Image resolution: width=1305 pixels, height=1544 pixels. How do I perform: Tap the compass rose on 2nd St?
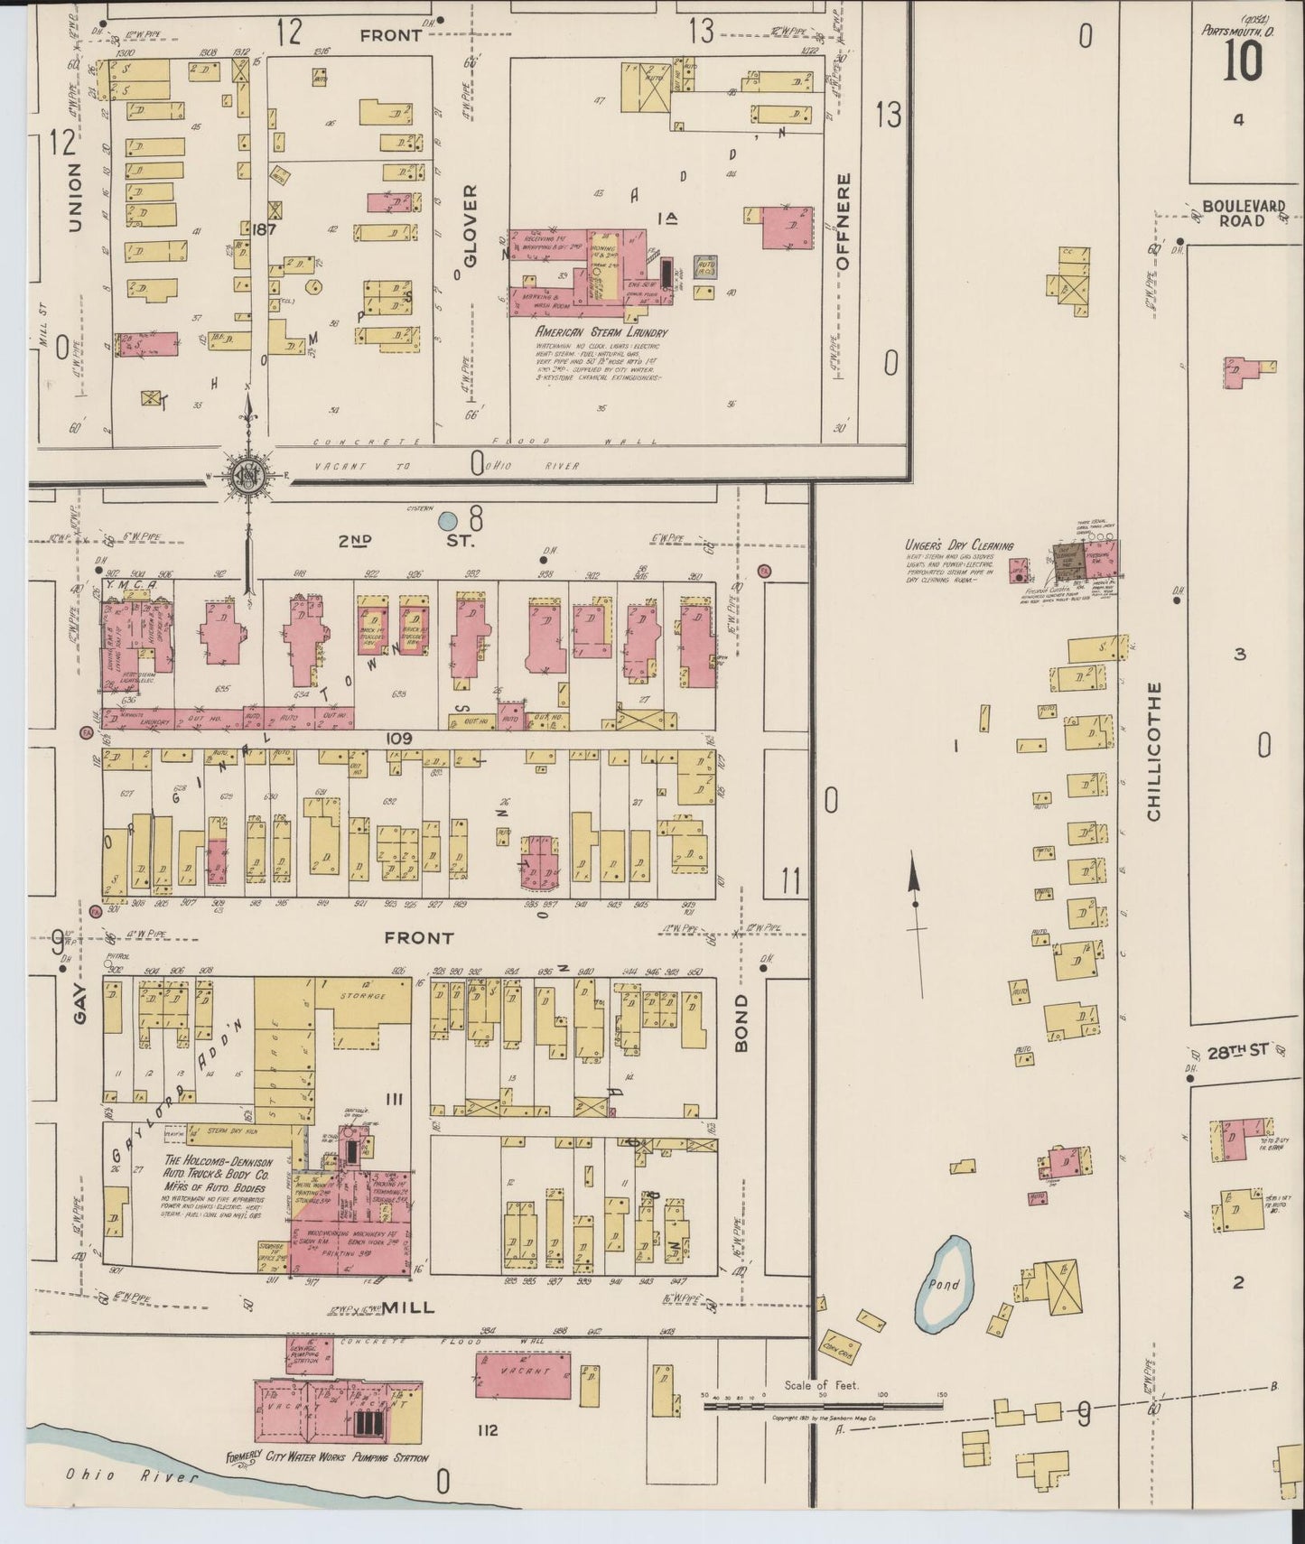[x=247, y=478]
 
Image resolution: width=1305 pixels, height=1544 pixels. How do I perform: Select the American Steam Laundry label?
[x=601, y=332]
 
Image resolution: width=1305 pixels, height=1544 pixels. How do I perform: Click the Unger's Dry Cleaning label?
[x=959, y=545]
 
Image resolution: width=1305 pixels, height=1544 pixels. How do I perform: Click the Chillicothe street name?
[x=1153, y=751]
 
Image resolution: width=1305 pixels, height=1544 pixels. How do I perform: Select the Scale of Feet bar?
[x=823, y=1404]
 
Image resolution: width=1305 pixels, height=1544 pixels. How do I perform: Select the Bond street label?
[x=741, y=1024]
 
